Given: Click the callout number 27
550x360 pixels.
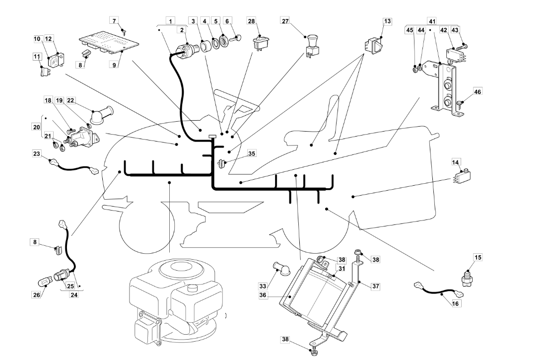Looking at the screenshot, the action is pos(285,21).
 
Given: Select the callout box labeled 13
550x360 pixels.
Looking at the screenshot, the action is pos(387,21).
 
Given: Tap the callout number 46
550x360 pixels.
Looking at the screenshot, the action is pos(478,91).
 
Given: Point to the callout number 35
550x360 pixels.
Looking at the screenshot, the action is pos(252,153).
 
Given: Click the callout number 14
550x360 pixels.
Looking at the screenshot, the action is pos(455,162).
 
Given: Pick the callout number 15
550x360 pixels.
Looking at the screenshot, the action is pos(478,257).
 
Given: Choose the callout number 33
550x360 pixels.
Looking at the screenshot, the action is pos(263,287).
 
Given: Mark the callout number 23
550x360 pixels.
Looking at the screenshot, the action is pos(37,153).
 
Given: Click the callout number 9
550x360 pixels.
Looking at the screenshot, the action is pos(114,65).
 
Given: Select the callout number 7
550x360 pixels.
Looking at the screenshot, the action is pos(114,21).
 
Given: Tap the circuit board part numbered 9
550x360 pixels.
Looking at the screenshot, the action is pos(109,45).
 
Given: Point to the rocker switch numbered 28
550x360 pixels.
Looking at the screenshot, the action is pos(260,43).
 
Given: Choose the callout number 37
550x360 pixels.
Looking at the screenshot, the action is pos(376,287).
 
